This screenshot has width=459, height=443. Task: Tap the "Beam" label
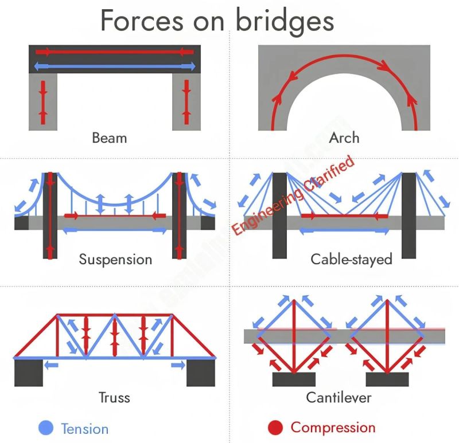point(109,138)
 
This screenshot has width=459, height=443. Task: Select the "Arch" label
point(344,138)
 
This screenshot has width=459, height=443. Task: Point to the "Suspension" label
point(115,260)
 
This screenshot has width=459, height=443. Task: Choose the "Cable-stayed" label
point(351,259)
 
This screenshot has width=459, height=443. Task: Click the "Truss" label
point(114,397)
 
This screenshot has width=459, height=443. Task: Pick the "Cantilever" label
point(339,397)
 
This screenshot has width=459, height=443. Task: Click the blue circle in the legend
point(45,428)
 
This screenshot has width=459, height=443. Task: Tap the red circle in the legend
point(275,428)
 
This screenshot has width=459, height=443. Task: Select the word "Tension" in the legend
point(84,428)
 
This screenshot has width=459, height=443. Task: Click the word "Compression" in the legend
point(333,428)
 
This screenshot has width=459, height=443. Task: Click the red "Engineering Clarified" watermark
point(293,195)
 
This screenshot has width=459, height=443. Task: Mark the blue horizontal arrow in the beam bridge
point(115,66)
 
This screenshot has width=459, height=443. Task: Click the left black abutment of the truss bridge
point(28,373)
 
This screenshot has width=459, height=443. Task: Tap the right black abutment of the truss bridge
point(201,373)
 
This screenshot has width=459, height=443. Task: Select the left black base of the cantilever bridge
point(294,379)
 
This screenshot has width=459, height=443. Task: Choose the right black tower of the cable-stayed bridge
point(409,215)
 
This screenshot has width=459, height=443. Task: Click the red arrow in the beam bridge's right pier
point(186,102)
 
